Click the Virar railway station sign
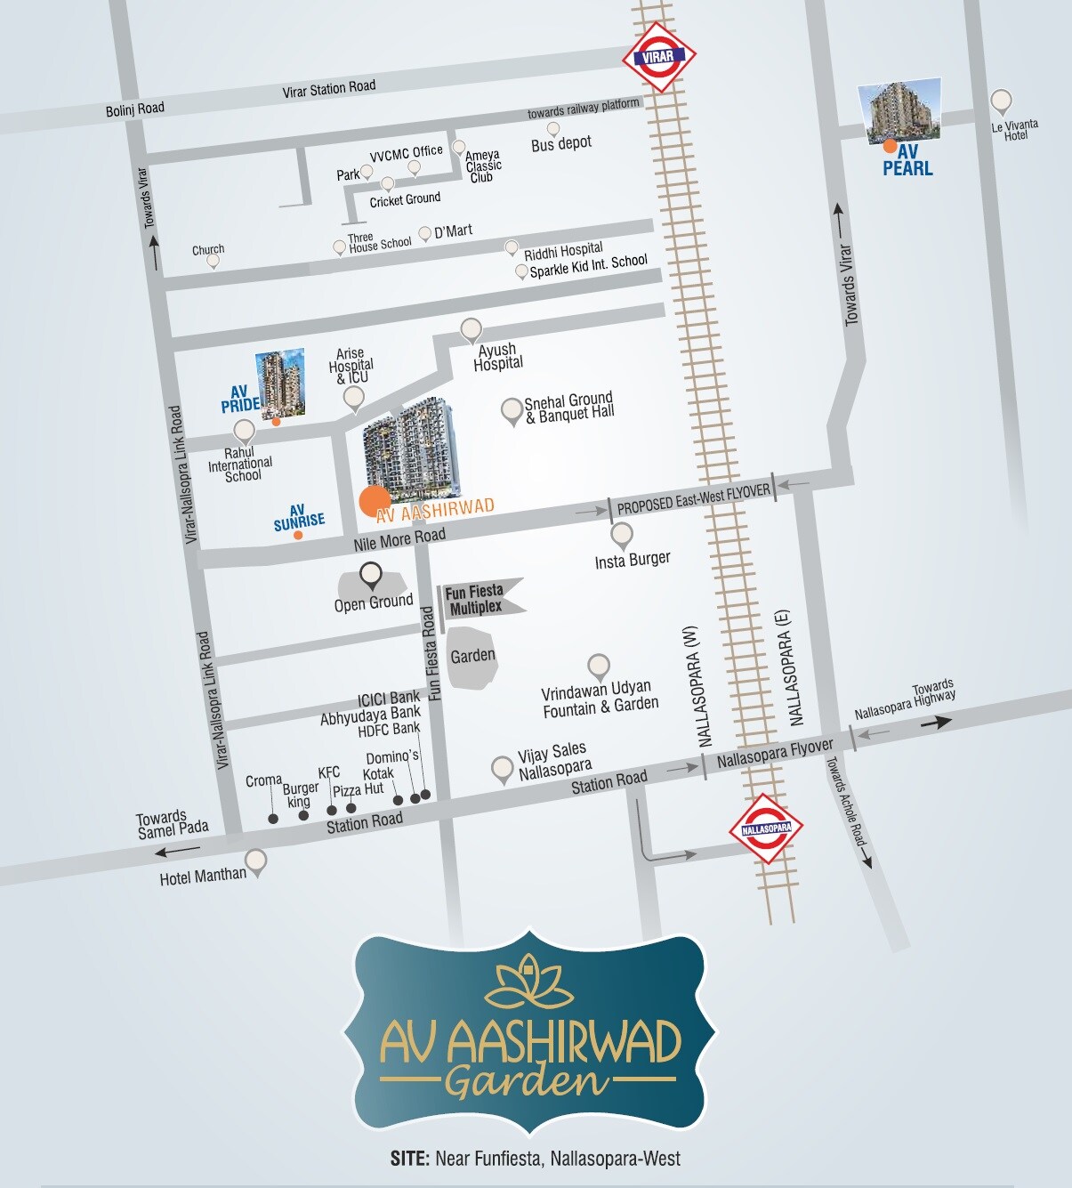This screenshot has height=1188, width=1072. tap(658, 57)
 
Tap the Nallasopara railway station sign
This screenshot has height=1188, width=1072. tap(766, 828)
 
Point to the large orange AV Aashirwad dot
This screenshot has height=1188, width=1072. tap(375, 502)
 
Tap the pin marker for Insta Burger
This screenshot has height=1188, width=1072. tap(622, 535)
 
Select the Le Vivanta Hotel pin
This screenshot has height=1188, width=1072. tap(1001, 101)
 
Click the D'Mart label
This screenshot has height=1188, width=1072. tap(453, 231)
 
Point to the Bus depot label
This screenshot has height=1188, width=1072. tap(561, 143)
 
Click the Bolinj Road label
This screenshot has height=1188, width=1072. tap(135, 109)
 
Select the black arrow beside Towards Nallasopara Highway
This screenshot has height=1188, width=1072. tap(935, 723)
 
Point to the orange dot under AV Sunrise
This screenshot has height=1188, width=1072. tap(298, 535)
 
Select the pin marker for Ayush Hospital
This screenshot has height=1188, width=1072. tap(471, 330)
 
